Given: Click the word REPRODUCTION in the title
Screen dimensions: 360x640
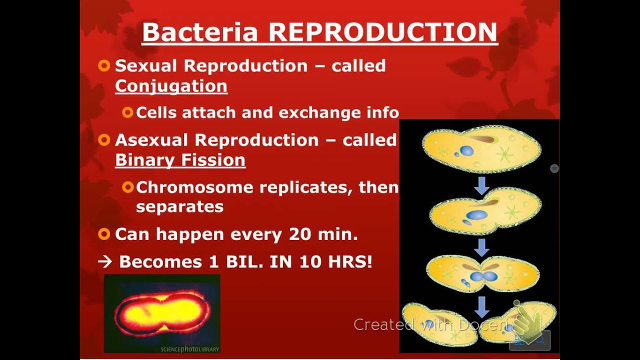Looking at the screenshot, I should [383, 32].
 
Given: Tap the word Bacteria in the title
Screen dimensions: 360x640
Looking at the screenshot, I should [200, 32].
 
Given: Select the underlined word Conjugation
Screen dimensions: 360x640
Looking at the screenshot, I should [171, 86].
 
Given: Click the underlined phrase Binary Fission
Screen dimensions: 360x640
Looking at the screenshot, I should [180, 160].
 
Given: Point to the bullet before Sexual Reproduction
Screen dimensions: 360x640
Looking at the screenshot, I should [104, 65].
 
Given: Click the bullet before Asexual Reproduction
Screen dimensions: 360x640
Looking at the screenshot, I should [104, 140].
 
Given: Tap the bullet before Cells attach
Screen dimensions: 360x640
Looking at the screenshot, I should [127, 112].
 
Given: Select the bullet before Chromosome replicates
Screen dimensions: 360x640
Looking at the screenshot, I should [127, 187].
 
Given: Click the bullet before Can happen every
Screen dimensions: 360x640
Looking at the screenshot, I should [104, 233].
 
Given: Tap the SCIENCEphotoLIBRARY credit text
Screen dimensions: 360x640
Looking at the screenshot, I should [189, 349].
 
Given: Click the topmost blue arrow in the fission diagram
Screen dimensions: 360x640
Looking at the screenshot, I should [482, 185].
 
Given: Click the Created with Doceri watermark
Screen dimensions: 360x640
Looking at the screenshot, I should [430, 325].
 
